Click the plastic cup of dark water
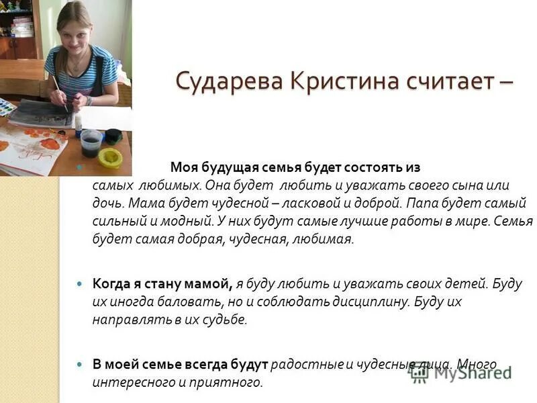point(91,142)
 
